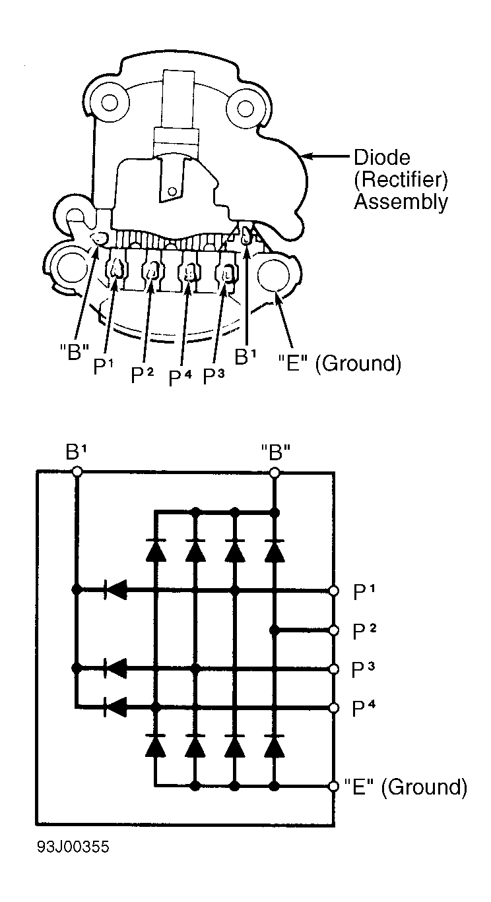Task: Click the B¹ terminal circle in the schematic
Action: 77,472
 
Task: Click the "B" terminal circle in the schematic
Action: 275,472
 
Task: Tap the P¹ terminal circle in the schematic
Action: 335,591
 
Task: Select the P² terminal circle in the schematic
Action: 335,630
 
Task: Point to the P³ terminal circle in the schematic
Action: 335,669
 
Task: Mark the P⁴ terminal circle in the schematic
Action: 335,707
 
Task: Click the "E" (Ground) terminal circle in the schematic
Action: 335,786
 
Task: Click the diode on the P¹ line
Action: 116,591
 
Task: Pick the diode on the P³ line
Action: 116,669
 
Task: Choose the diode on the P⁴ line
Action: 116,707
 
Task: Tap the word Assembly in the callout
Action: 401,201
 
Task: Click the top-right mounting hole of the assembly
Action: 245,106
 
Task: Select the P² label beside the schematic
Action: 362,631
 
